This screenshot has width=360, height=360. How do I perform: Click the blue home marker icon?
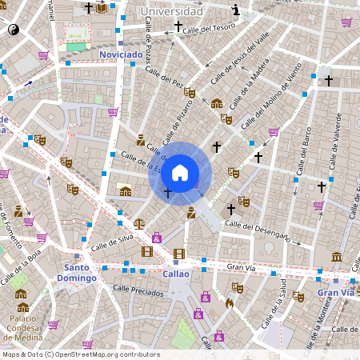click(180, 173)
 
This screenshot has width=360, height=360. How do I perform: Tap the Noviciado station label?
click(121, 54)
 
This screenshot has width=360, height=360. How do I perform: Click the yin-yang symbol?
click(14, 29)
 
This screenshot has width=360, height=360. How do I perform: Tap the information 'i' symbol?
click(235, 10)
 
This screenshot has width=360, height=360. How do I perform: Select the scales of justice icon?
click(139, 225)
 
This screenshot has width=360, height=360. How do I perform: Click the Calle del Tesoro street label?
click(209, 28)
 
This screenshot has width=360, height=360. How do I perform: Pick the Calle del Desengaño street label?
click(257, 230)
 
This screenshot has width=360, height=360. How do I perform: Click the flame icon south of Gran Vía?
click(230, 303)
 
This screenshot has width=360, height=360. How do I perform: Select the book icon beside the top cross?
click(102, 8)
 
